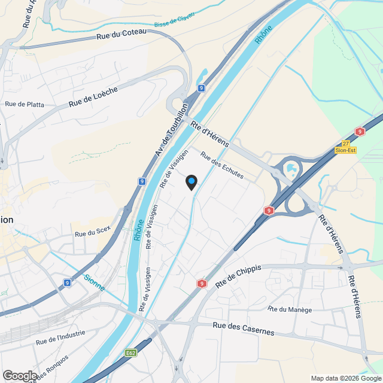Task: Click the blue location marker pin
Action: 191,182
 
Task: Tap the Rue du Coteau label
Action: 121,37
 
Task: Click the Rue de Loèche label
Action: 93,96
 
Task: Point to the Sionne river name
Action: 95,282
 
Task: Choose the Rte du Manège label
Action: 290,309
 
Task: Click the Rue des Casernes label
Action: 244,329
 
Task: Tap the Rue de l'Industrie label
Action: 60,338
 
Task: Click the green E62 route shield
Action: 131,353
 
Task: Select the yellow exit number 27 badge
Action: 346,144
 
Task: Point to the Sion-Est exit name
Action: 345,150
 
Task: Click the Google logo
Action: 19,375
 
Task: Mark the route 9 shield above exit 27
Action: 359,132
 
